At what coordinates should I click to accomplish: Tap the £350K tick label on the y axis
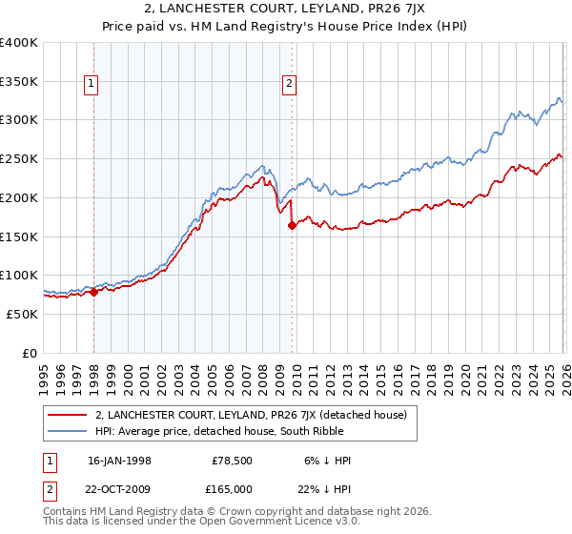19,82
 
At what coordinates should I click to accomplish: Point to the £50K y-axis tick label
22,314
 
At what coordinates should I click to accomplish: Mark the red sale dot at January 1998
94,292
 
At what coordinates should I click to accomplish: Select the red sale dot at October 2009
292,225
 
